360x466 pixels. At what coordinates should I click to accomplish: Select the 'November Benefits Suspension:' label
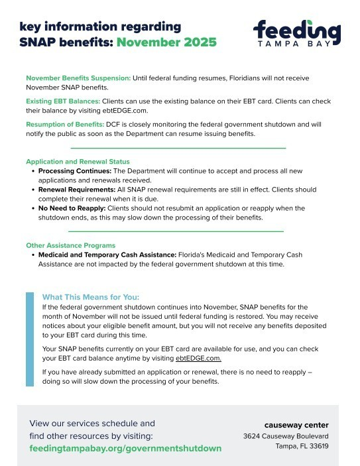click(78, 78)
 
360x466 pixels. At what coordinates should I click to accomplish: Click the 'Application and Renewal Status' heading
click(78, 162)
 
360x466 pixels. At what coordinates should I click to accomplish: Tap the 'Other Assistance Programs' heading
click(70, 245)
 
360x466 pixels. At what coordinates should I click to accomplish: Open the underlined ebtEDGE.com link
click(198, 358)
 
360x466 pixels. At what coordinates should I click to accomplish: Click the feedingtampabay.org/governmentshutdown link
click(126, 449)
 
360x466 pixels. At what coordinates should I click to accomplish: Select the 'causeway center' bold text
click(296, 425)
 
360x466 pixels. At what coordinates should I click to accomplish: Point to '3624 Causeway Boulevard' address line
click(286, 436)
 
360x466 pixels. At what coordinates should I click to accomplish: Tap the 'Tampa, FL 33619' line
click(302, 446)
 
